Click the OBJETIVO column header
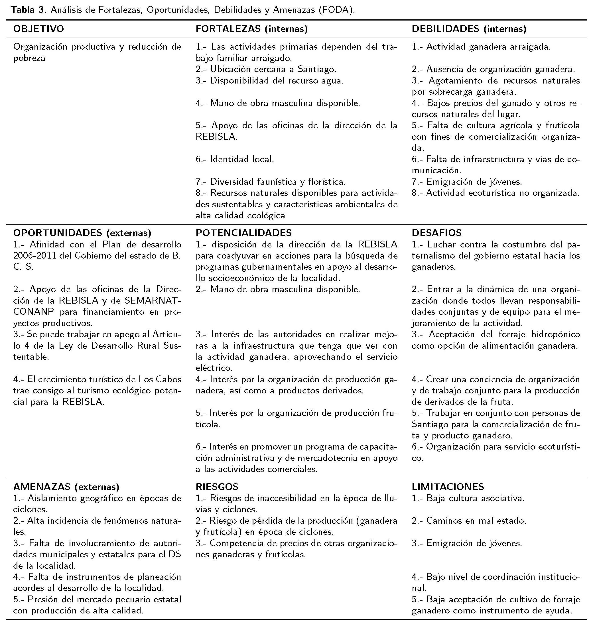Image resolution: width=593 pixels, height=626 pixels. click(x=38, y=29)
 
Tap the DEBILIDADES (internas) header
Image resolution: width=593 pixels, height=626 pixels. click(x=469, y=29)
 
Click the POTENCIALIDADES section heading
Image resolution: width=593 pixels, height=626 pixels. click(x=243, y=233)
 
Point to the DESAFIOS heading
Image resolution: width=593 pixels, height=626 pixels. click(x=436, y=233)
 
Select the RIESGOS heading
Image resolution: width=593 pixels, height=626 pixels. click(x=217, y=487)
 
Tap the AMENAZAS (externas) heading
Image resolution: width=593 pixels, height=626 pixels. click(x=66, y=487)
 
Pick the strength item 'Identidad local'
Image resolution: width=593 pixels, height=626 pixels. click(x=242, y=159)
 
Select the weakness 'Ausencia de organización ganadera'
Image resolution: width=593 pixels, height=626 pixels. click(x=500, y=69)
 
